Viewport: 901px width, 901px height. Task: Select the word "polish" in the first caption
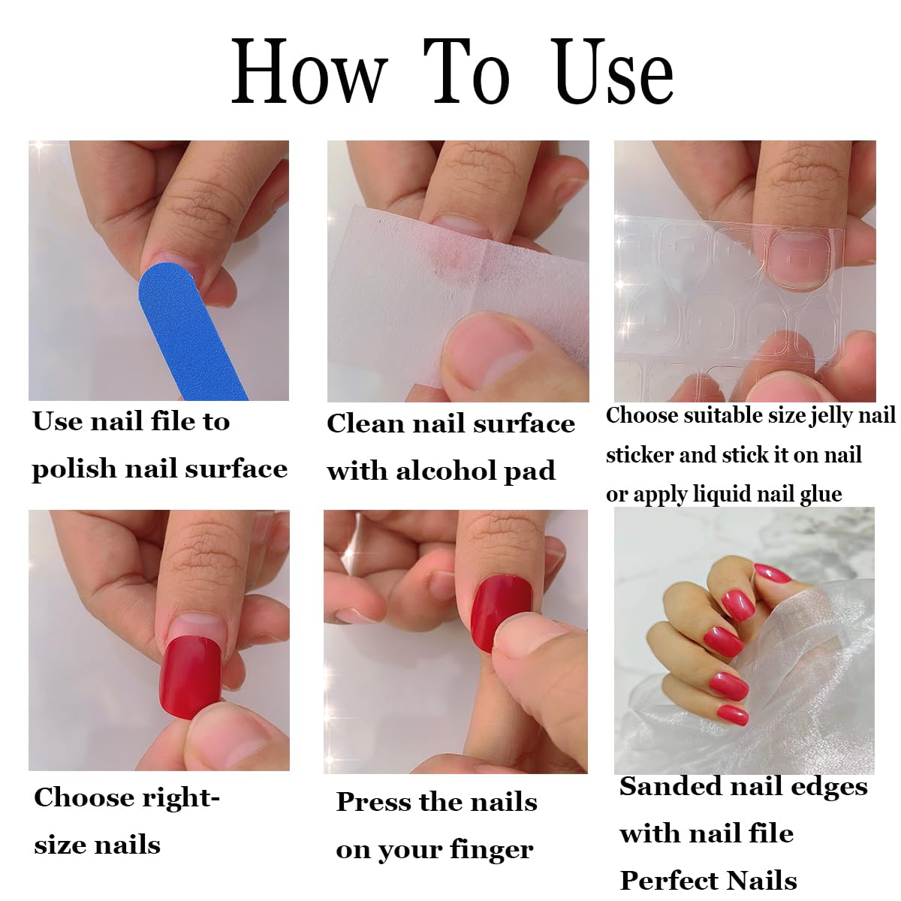tap(74, 470)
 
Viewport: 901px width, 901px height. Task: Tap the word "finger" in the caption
tap(492, 850)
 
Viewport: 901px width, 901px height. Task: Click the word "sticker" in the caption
tap(640, 455)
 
